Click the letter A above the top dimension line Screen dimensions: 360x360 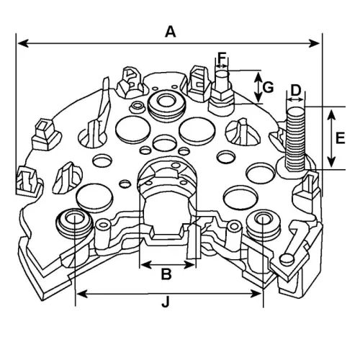tap(171, 31)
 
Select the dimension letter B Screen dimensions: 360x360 tap(166, 274)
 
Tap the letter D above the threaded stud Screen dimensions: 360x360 tap(295, 90)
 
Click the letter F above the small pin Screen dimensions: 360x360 tap(222, 56)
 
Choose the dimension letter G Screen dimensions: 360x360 tap(268, 87)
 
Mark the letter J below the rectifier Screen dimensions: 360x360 tap(166, 303)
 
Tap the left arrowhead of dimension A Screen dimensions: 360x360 tap(21, 44)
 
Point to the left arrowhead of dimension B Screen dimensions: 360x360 tap(143, 264)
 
